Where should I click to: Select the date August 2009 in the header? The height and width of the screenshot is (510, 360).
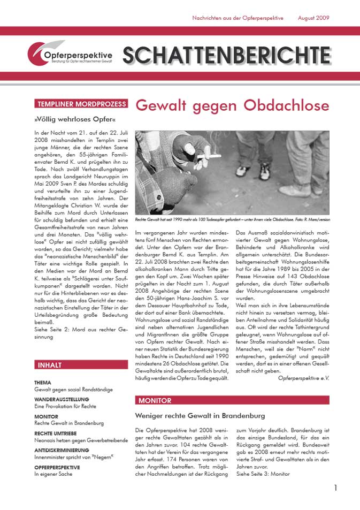pos(313,18)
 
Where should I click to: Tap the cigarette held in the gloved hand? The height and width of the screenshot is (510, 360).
pos(210,156)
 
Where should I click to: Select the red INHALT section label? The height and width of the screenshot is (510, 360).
pos(50,365)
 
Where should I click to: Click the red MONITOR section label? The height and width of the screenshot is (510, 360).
pos(155,400)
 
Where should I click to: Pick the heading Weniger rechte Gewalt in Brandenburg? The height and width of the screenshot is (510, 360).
pos(200,416)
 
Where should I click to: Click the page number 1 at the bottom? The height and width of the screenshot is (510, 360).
pos(335,488)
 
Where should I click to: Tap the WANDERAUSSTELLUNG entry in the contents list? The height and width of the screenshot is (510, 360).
pos(62,399)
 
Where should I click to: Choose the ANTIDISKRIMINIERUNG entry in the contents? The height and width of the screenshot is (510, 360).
pos(62,450)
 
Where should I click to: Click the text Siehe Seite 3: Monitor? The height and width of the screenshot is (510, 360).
pos(263,474)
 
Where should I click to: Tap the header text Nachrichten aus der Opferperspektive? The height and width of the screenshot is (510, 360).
pos(238,18)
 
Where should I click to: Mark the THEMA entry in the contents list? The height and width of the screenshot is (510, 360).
pos(43,383)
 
